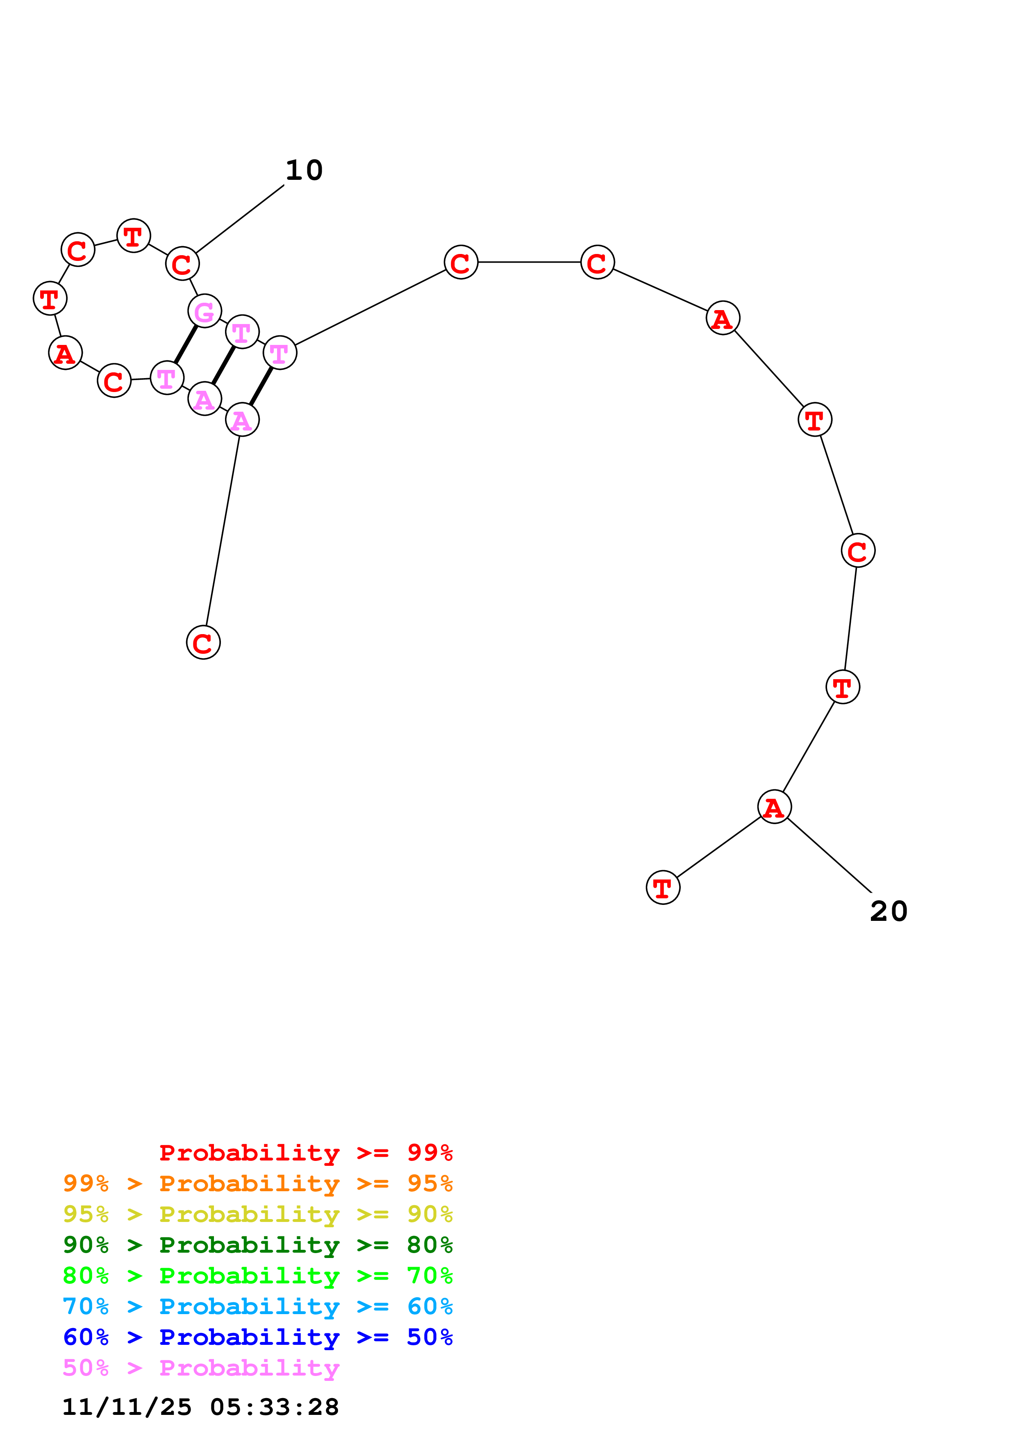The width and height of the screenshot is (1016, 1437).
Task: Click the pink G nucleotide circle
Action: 205,311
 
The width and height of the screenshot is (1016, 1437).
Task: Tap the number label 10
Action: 304,170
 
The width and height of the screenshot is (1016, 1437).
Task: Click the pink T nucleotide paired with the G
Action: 166,378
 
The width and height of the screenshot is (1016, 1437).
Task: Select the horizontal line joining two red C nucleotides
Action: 529,262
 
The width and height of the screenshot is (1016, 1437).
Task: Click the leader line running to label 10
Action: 240,219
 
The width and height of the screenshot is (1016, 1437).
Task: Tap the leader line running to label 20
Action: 830,855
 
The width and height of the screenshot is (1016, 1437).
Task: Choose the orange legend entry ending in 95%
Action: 257,1183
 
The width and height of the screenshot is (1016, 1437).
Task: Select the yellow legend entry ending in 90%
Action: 257,1214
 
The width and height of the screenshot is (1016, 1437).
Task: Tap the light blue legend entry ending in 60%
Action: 257,1306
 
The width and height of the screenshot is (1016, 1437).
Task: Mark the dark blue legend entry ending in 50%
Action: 257,1337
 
